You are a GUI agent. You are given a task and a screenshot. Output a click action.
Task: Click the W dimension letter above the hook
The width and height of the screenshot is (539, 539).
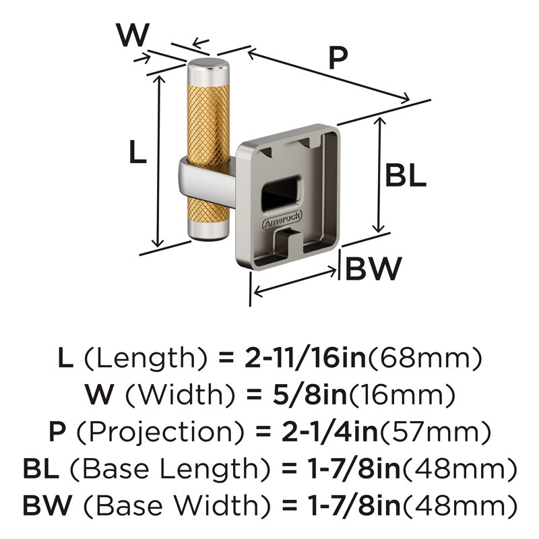click(x=133, y=35)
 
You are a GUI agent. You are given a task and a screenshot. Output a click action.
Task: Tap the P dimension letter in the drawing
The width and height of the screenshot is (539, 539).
click(x=338, y=58)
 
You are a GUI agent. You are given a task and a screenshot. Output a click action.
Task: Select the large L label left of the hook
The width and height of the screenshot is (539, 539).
click(x=138, y=152)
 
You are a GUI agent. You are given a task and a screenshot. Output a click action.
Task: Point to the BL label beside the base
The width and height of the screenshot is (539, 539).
click(x=406, y=175)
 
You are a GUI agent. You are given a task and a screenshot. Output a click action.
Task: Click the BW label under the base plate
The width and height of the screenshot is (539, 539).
click(x=373, y=268)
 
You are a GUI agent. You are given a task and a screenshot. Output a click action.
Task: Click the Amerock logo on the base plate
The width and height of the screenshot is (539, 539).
click(x=282, y=220)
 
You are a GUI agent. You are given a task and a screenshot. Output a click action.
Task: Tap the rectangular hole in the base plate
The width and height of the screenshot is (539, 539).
click(x=282, y=192)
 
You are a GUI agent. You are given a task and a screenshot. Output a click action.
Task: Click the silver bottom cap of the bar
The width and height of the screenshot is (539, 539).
click(x=209, y=230)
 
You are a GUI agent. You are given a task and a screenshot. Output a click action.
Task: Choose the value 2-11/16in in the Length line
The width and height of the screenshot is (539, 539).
click(x=305, y=358)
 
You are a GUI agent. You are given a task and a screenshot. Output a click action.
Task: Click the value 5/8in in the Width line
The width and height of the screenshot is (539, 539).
click(x=310, y=395)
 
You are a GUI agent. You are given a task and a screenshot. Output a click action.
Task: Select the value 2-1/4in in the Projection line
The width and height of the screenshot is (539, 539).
click(x=330, y=432)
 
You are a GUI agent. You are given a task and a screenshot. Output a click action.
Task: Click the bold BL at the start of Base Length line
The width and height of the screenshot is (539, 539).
click(x=40, y=469)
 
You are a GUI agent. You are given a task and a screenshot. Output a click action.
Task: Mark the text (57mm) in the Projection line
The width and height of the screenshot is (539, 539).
click(x=435, y=433)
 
